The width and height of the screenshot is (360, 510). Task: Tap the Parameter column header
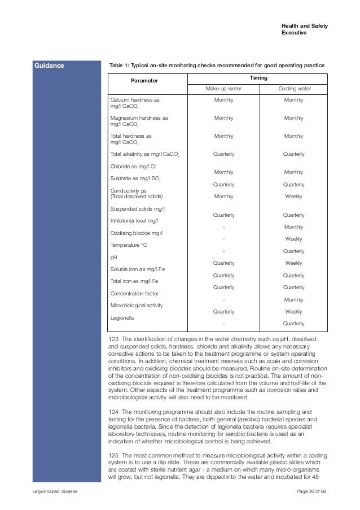click(x=144, y=81)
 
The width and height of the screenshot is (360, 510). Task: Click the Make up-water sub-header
click(x=223, y=89)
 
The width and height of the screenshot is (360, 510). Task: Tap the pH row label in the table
click(x=113, y=257)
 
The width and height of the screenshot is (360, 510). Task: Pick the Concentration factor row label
click(x=134, y=294)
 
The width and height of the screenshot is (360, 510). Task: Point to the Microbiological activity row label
click(x=136, y=306)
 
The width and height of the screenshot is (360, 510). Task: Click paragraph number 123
click(x=113, y=338)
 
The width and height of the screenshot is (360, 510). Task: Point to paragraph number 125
click(x=113, y=455)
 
